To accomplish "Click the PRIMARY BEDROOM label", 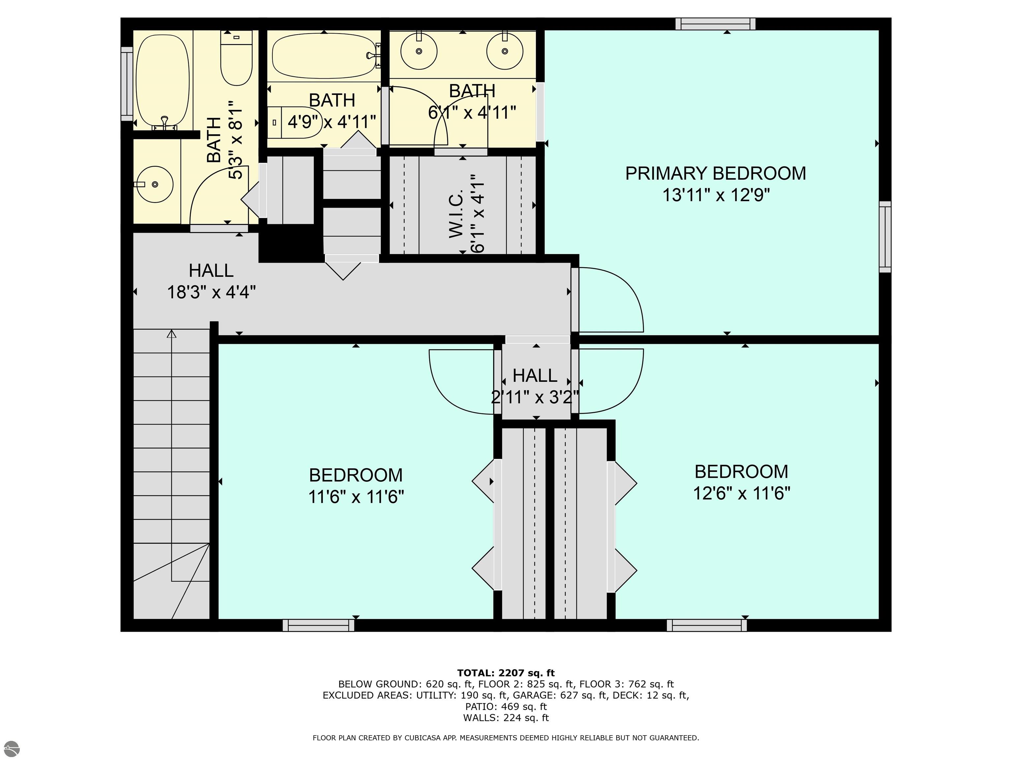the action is (x=716, y=173).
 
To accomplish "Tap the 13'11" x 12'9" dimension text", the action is (x=716, y=195).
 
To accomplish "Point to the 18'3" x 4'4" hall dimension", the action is (x=211, y=292).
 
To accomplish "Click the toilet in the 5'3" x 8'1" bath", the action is (x=237, y=58).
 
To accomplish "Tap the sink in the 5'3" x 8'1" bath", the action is (x=155, y=184).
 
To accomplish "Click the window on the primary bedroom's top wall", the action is (x=716, y=24).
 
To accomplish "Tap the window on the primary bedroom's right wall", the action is (x=885, y=237).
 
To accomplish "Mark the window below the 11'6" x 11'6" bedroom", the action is (x=319, y=625).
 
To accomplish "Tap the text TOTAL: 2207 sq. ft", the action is (x=506, y=673).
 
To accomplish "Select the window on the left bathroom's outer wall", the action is (x=127, y=84).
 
